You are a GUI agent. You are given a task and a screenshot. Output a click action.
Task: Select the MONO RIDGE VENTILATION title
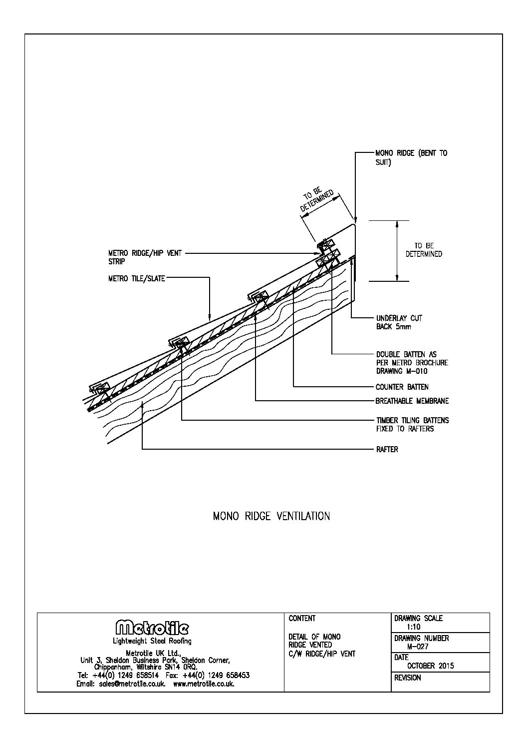tap(271, 516)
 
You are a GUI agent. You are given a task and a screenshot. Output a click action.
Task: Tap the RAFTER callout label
tap(387, 450)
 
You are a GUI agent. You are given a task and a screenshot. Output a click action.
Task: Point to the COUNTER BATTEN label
tap(402, 387)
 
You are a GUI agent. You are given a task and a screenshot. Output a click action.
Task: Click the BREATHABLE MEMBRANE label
tap(412, 401)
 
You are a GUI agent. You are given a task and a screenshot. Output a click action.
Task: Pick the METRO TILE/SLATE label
tap(136, 279)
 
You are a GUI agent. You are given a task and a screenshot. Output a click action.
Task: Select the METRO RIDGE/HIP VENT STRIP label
tap(145, 257)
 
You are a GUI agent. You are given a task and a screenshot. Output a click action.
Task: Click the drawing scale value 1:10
tap(415, 627)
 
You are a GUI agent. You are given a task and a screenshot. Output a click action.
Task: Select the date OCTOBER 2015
tap(431, 666)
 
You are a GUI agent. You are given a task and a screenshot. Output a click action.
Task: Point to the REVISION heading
tap(407, 678)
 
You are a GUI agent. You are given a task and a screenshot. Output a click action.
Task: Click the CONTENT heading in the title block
tap(302, 619)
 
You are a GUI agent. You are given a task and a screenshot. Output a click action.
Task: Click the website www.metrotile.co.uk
tap(204, 684)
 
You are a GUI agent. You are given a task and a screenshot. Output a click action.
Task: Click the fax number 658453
tap(236, 675)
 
